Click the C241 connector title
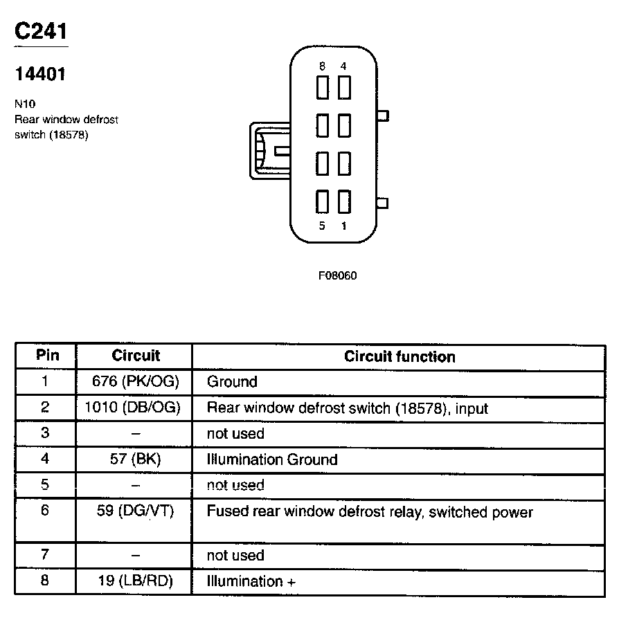41,31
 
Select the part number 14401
40,74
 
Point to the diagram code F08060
337,275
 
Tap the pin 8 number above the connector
323,66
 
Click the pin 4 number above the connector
344,66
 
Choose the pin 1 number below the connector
344,226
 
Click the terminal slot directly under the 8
323,88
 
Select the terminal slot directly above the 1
344,201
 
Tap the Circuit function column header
400,357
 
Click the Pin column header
47,356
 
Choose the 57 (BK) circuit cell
135,459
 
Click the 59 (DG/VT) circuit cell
135,512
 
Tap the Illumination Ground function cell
272,459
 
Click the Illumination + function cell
251,581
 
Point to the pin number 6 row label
45,512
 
